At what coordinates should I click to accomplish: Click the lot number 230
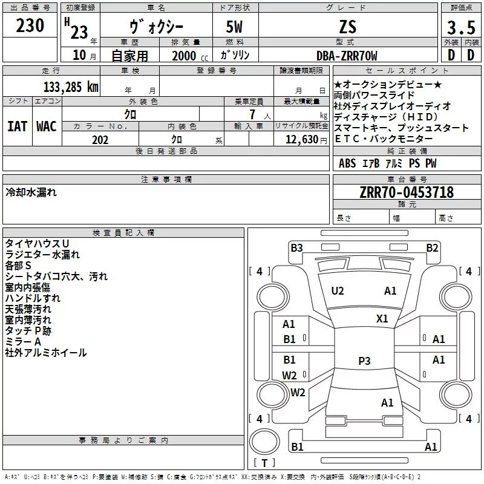click(x=30, y=26)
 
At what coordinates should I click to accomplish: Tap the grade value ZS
click(x=348, y=27)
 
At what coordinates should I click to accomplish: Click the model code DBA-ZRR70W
click(x=347, y=56)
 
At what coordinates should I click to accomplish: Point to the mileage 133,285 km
click(x=71, y=87)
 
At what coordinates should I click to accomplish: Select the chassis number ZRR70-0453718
click(x=407, y=192)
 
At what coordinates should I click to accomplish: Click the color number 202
click(x=100, y=140)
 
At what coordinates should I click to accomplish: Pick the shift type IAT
click(x=17, y=126)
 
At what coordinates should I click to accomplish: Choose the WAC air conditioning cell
click(x=47, y=126)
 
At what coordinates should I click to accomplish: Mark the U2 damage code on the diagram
click(x=338, y=291)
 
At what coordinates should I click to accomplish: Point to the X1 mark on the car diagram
click(x=382, y=319)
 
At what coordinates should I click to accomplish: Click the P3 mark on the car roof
click(x=364, y=361)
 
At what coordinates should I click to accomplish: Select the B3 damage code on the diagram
click(x=296, y=247)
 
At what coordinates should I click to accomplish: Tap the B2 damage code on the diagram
click(x=432, y=247)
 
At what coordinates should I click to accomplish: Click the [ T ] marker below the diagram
click(x=264, y=463)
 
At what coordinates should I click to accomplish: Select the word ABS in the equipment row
click(x=347, y=163)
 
